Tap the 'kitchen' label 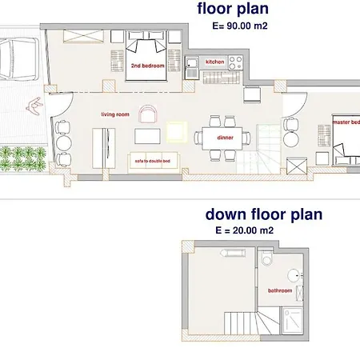tap(215, 62)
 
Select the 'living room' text tap(114, 114)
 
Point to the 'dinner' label tap(224, 137)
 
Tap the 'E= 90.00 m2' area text tap(239, 26)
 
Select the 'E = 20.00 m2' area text tap(244, 230)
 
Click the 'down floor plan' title tap(263, 214)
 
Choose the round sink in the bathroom tap(297, 276)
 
